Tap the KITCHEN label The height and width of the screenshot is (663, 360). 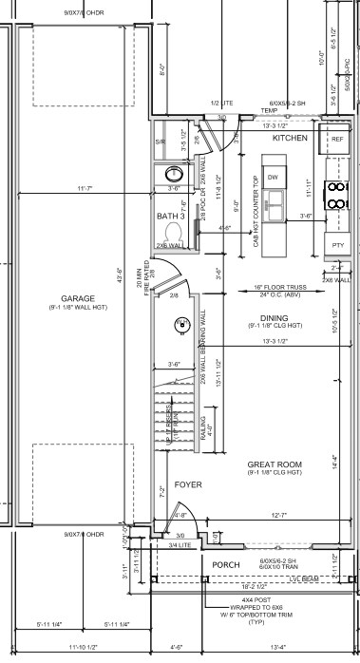coord(290,139)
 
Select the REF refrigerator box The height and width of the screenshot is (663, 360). coord(336,139)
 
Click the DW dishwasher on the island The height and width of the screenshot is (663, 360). coord(272,178)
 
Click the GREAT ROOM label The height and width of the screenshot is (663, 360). coord(275,464)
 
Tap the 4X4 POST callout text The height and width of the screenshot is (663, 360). coord(249,600)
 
